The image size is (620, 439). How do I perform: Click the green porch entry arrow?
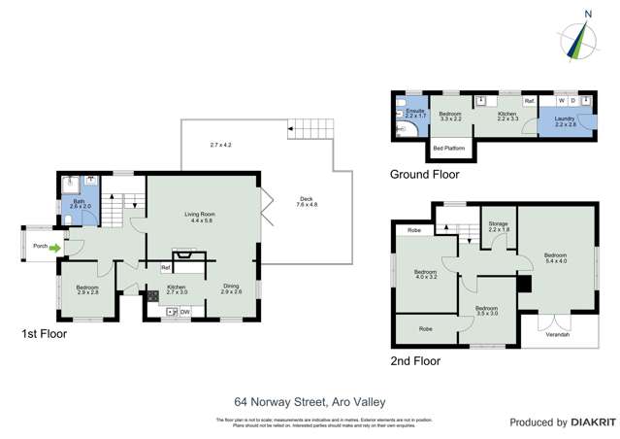pos(56,247)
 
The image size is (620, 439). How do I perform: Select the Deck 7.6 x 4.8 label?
pos(307,202)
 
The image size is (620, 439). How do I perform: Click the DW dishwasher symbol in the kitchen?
pos(184,311)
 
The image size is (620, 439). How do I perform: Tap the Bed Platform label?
pos(448,148)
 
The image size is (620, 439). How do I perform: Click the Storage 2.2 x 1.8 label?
pos(499,226)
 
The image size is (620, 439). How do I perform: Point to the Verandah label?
pos(557,335)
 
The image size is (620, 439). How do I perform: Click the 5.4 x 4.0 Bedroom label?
pos(556,257)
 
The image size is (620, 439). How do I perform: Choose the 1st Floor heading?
pos(44,333)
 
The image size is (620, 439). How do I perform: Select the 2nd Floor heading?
pos(415,360)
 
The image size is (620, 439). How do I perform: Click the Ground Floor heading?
pos(425,175)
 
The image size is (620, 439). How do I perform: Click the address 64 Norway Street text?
pos(310,399)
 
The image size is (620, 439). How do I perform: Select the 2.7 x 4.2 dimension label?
pos(221,145)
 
